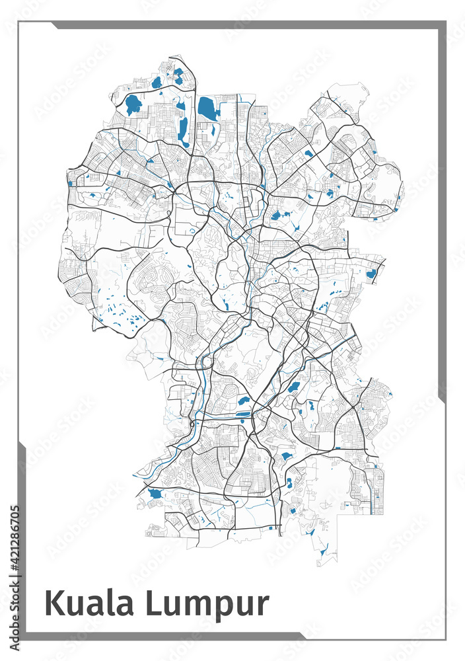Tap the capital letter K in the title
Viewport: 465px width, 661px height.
pyautogui.click(x=54, y=603)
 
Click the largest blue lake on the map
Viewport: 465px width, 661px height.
pyautogui.click(x=207, y=108)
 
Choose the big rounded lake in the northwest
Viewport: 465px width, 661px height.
pyautogui.click(x=133, y=104)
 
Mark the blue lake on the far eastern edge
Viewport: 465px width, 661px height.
pyautogui.click(x=371, y=273)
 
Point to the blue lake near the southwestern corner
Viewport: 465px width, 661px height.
pyautogui.click(x=155, y=493)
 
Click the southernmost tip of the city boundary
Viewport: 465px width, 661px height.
pyautogui.click(x=319, y=566)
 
